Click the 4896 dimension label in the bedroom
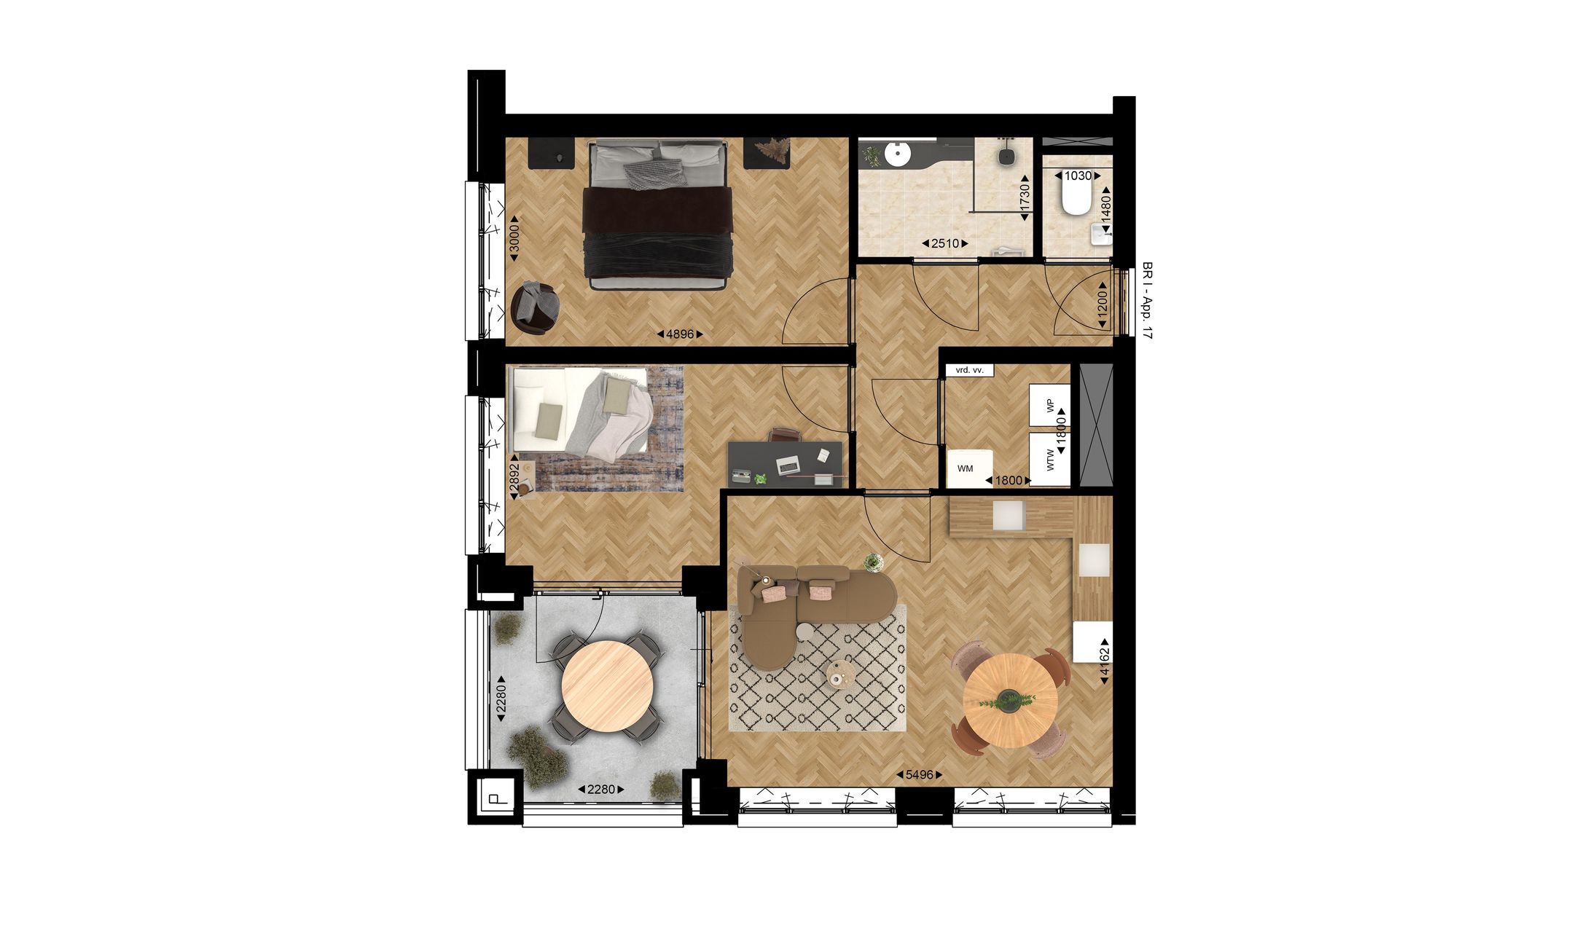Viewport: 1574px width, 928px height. point(679,334)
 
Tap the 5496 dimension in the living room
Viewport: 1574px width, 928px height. point(919,775)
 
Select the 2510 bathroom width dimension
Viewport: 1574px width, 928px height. point(944,243)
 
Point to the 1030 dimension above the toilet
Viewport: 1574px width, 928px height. point(1078,176)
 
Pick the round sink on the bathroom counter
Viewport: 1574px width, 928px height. point(897,154)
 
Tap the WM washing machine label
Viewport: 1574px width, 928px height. point(966,468)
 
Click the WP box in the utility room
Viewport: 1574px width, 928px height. point(1049,405)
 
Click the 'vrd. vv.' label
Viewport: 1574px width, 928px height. point(969,370)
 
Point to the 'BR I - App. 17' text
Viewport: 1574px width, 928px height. point(1148,300)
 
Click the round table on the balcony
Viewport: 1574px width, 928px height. point(607,686)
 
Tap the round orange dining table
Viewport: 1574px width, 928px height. point(1009,700)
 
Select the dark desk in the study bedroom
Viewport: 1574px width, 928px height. point(786,463)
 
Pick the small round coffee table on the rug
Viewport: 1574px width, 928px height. point(842,673)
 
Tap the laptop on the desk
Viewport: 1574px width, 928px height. point(787,464)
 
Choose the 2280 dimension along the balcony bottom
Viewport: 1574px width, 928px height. point(601,789)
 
